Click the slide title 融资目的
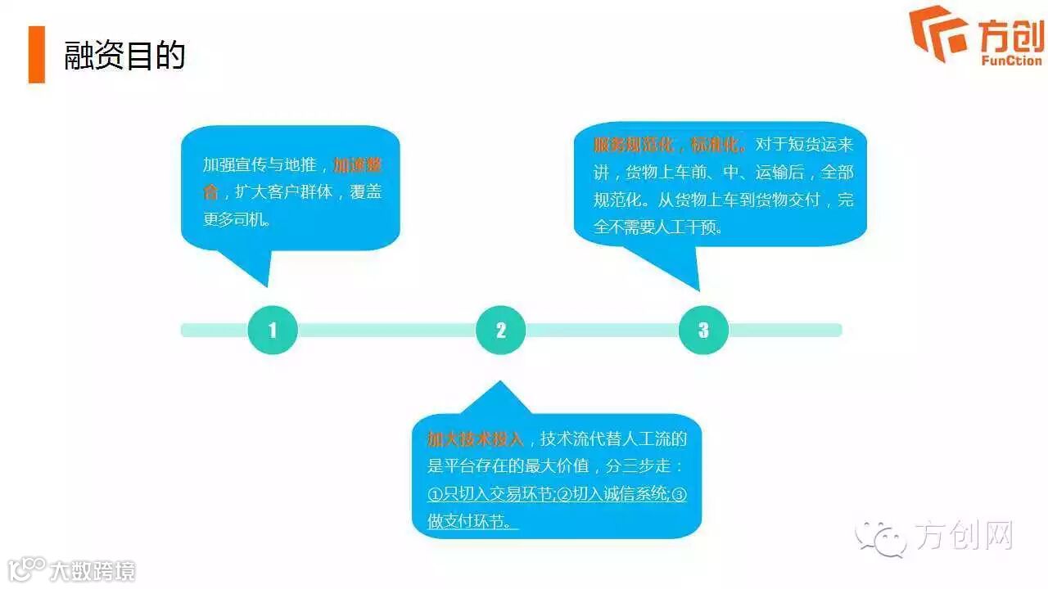pos(124,56)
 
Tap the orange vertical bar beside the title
pos(36,55)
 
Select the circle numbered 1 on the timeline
pos(273,330)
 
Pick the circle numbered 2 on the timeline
pos(500,330)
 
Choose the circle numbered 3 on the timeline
pos(703,330)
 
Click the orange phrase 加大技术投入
pos(475,439)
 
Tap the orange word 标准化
pos(718,145)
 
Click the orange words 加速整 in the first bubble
pos(358,164)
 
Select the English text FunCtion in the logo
pos(1011,60)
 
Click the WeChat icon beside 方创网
pos(880,537)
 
